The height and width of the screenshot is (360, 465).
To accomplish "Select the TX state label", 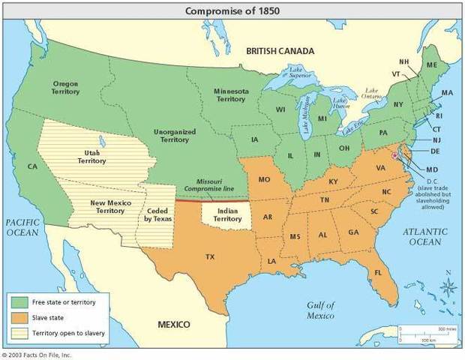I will click(x=210, y=256).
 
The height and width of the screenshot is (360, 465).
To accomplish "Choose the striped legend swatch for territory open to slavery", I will click(x=19, y=332).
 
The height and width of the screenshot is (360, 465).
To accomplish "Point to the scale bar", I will click(x=424, y=331).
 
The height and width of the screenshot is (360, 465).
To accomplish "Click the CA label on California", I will click(x=32, y=166).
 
